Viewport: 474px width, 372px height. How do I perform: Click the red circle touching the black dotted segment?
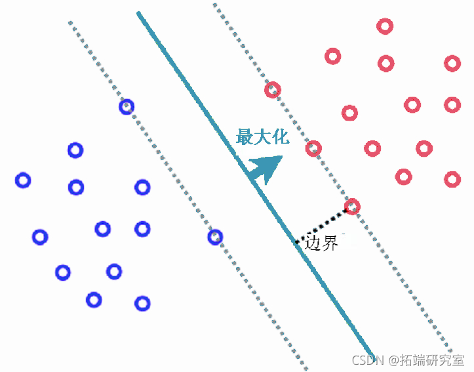point(352,207)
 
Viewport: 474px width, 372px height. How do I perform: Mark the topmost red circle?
point(385,26)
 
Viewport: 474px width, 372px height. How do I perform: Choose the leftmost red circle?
point(272,90)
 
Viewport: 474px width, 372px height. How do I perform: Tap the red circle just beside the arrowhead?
point(313,149)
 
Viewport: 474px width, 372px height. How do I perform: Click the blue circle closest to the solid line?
point(215,237)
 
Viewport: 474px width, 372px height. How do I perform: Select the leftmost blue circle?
point(23,180)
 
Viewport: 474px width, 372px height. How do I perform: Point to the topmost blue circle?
point(127,106)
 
